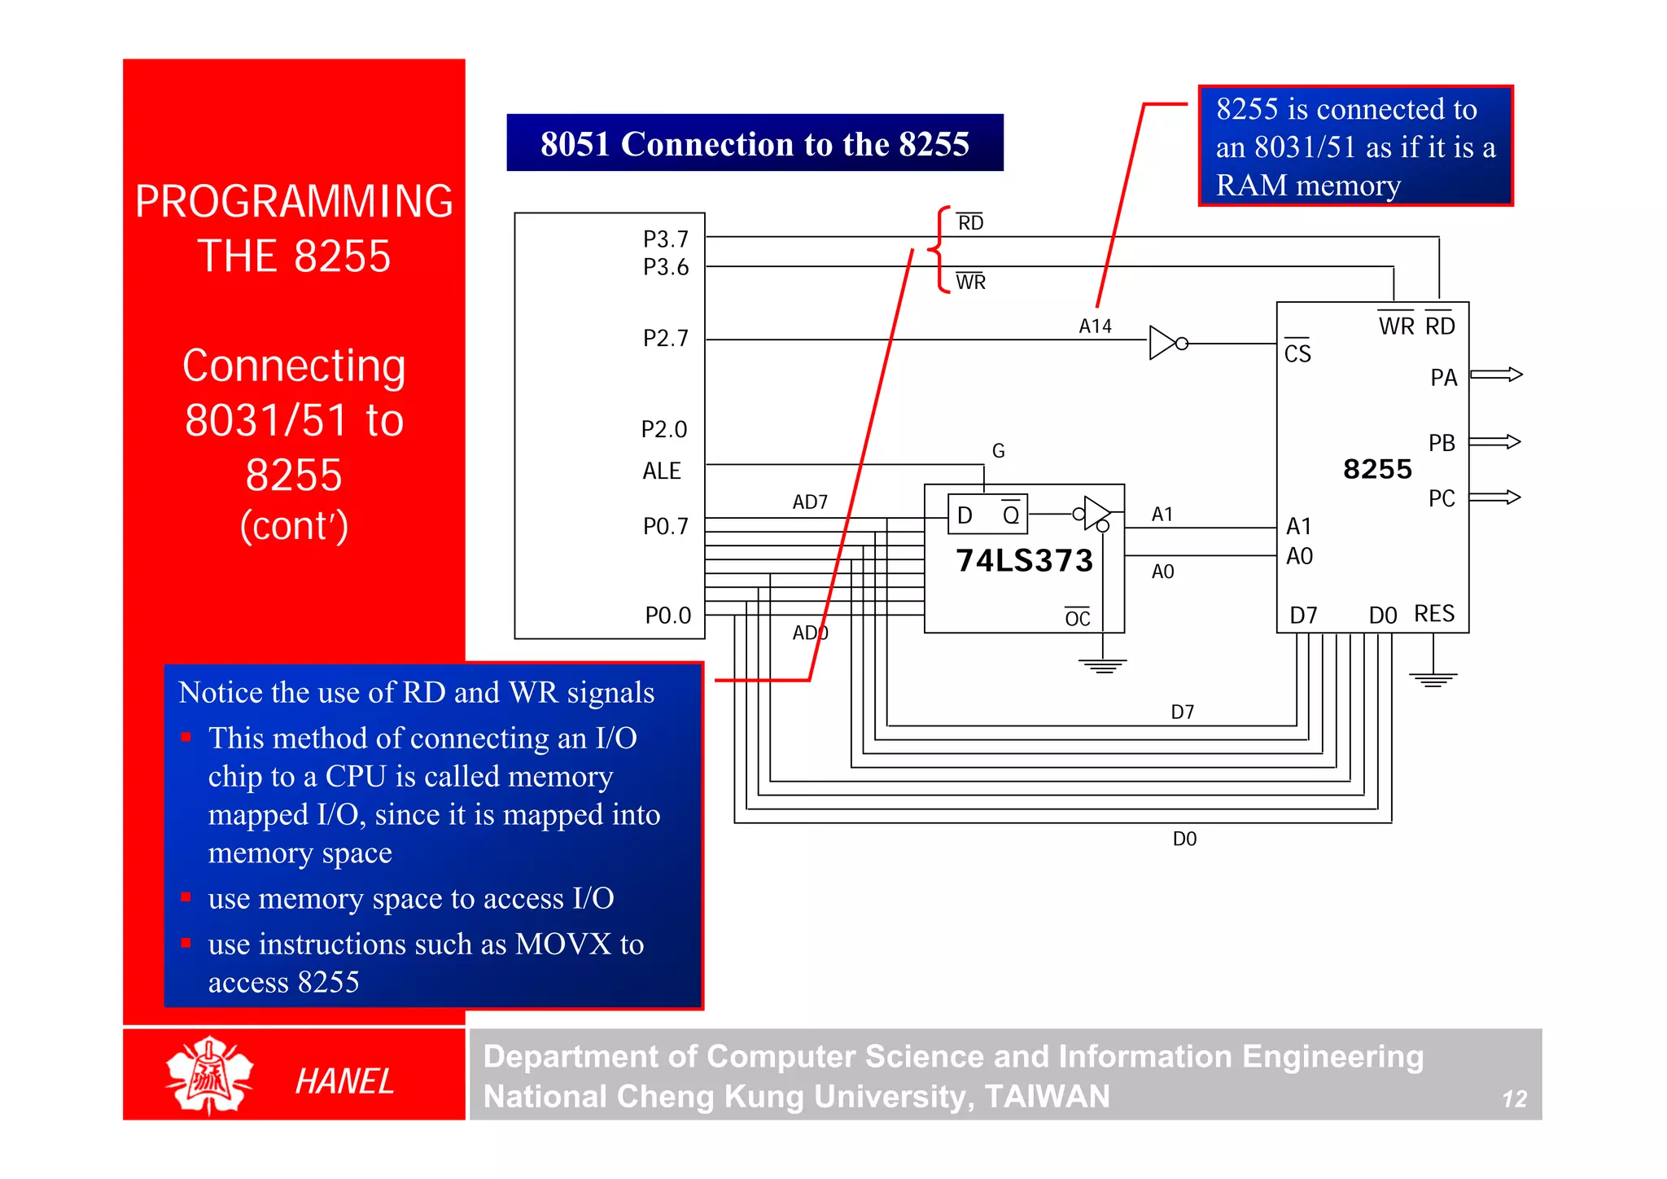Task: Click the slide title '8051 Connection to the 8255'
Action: [755, 143]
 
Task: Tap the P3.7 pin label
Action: [665, 239]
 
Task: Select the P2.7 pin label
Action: [665, 338]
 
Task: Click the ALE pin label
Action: [661, 471]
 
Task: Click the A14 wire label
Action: [1095, 327]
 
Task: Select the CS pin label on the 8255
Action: [1297, 353]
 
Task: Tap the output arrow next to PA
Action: [1496, 375]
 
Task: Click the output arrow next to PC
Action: [1495, 497]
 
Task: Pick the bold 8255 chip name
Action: [1377, 469]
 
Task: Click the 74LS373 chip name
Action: [1024, 561]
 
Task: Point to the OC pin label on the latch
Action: [1077, 619]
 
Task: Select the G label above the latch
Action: [999, 451]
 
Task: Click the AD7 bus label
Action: [810, 502]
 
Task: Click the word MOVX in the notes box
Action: [562, 945]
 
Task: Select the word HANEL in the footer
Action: [344, 1081]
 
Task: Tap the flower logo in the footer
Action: [209, 1076]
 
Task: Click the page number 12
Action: [1514, 1099]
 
